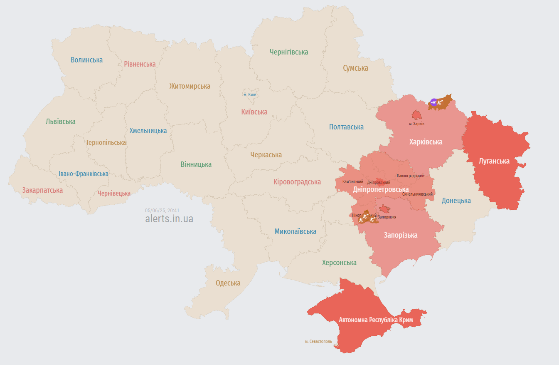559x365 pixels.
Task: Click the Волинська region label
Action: click(86, 60)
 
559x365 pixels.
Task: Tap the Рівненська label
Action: click(140, 64)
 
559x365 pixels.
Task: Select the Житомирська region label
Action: click(190, 86)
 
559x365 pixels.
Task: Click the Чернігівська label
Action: click(288, 52)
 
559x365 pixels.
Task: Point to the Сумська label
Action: click(355, 68)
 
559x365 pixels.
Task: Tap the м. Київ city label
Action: click(250, 94)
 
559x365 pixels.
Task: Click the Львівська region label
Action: click(61, 122)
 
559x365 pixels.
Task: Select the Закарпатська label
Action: click(42, 190)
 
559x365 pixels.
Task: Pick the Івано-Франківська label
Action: click(84, 174)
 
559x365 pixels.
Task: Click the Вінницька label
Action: click(196, 164)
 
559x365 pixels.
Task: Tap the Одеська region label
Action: click(228, 283)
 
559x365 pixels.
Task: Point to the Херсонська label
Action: click(339, 263)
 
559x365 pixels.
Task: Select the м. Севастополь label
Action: click(318, 341)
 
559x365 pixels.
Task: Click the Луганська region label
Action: click(494, 161)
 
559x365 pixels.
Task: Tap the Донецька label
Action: click(456, 201)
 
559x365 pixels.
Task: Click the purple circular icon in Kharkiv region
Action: click(433, 102)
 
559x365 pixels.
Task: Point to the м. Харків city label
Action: click(416, 124)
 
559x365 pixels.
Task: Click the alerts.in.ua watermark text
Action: click(169, 219)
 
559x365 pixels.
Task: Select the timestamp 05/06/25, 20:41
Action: click(162, 211)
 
